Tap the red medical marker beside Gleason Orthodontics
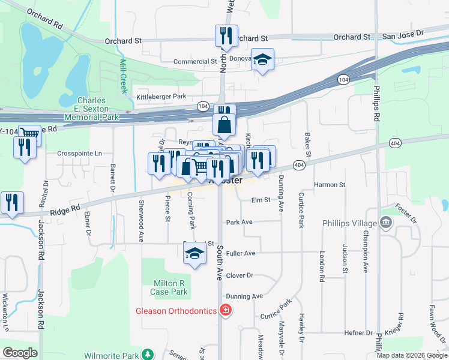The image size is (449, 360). pos(225,310)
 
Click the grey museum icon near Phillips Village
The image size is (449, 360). pos(386,224)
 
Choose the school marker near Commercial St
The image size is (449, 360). pos(262,59)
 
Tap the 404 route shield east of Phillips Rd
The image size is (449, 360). pos(394,143)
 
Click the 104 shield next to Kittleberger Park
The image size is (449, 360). pos(202,106)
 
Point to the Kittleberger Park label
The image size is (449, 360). pos(161,96)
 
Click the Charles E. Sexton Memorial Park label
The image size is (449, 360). pos(93,109)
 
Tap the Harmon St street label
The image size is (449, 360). pos(330,185)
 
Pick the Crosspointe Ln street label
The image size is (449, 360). pos(80,153)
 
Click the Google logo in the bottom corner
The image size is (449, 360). pos(20,353)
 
